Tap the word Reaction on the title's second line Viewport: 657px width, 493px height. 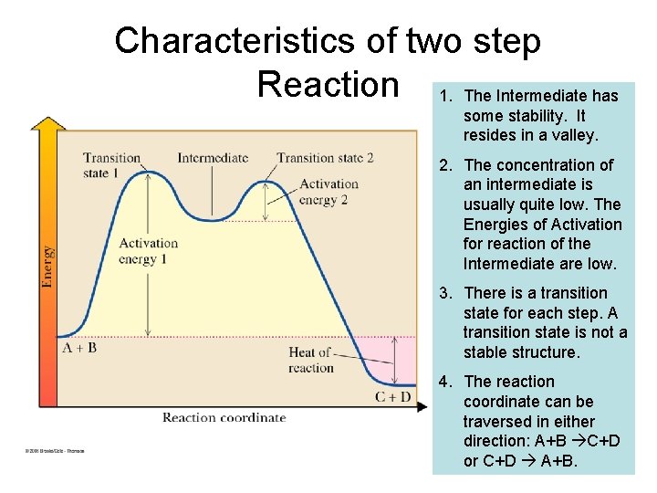[x=328, y=84]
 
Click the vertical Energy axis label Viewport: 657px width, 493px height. [x=47, y=267]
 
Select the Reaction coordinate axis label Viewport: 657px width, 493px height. [x=224, y=417]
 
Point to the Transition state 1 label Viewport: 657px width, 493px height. [x=111, y=165]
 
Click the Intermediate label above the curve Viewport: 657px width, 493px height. [x=213, y=157]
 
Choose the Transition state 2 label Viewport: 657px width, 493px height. [x=325, y=157]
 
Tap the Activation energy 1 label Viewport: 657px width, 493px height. [x=148, y=250]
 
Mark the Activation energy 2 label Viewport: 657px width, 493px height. [x=328, y=192]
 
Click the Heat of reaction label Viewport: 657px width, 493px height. [x=311, y=360]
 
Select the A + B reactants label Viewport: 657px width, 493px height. [x=80, y=348]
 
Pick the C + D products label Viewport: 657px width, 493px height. [x=392, y=396]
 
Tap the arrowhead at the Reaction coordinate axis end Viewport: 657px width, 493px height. [x=421, y=406]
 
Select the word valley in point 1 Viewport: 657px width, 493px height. [x=574, y=135]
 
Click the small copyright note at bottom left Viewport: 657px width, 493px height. [x=54, y=450]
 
